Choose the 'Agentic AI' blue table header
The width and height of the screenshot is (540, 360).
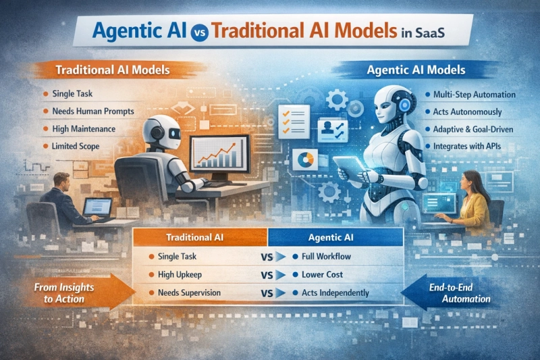point(335,238)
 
